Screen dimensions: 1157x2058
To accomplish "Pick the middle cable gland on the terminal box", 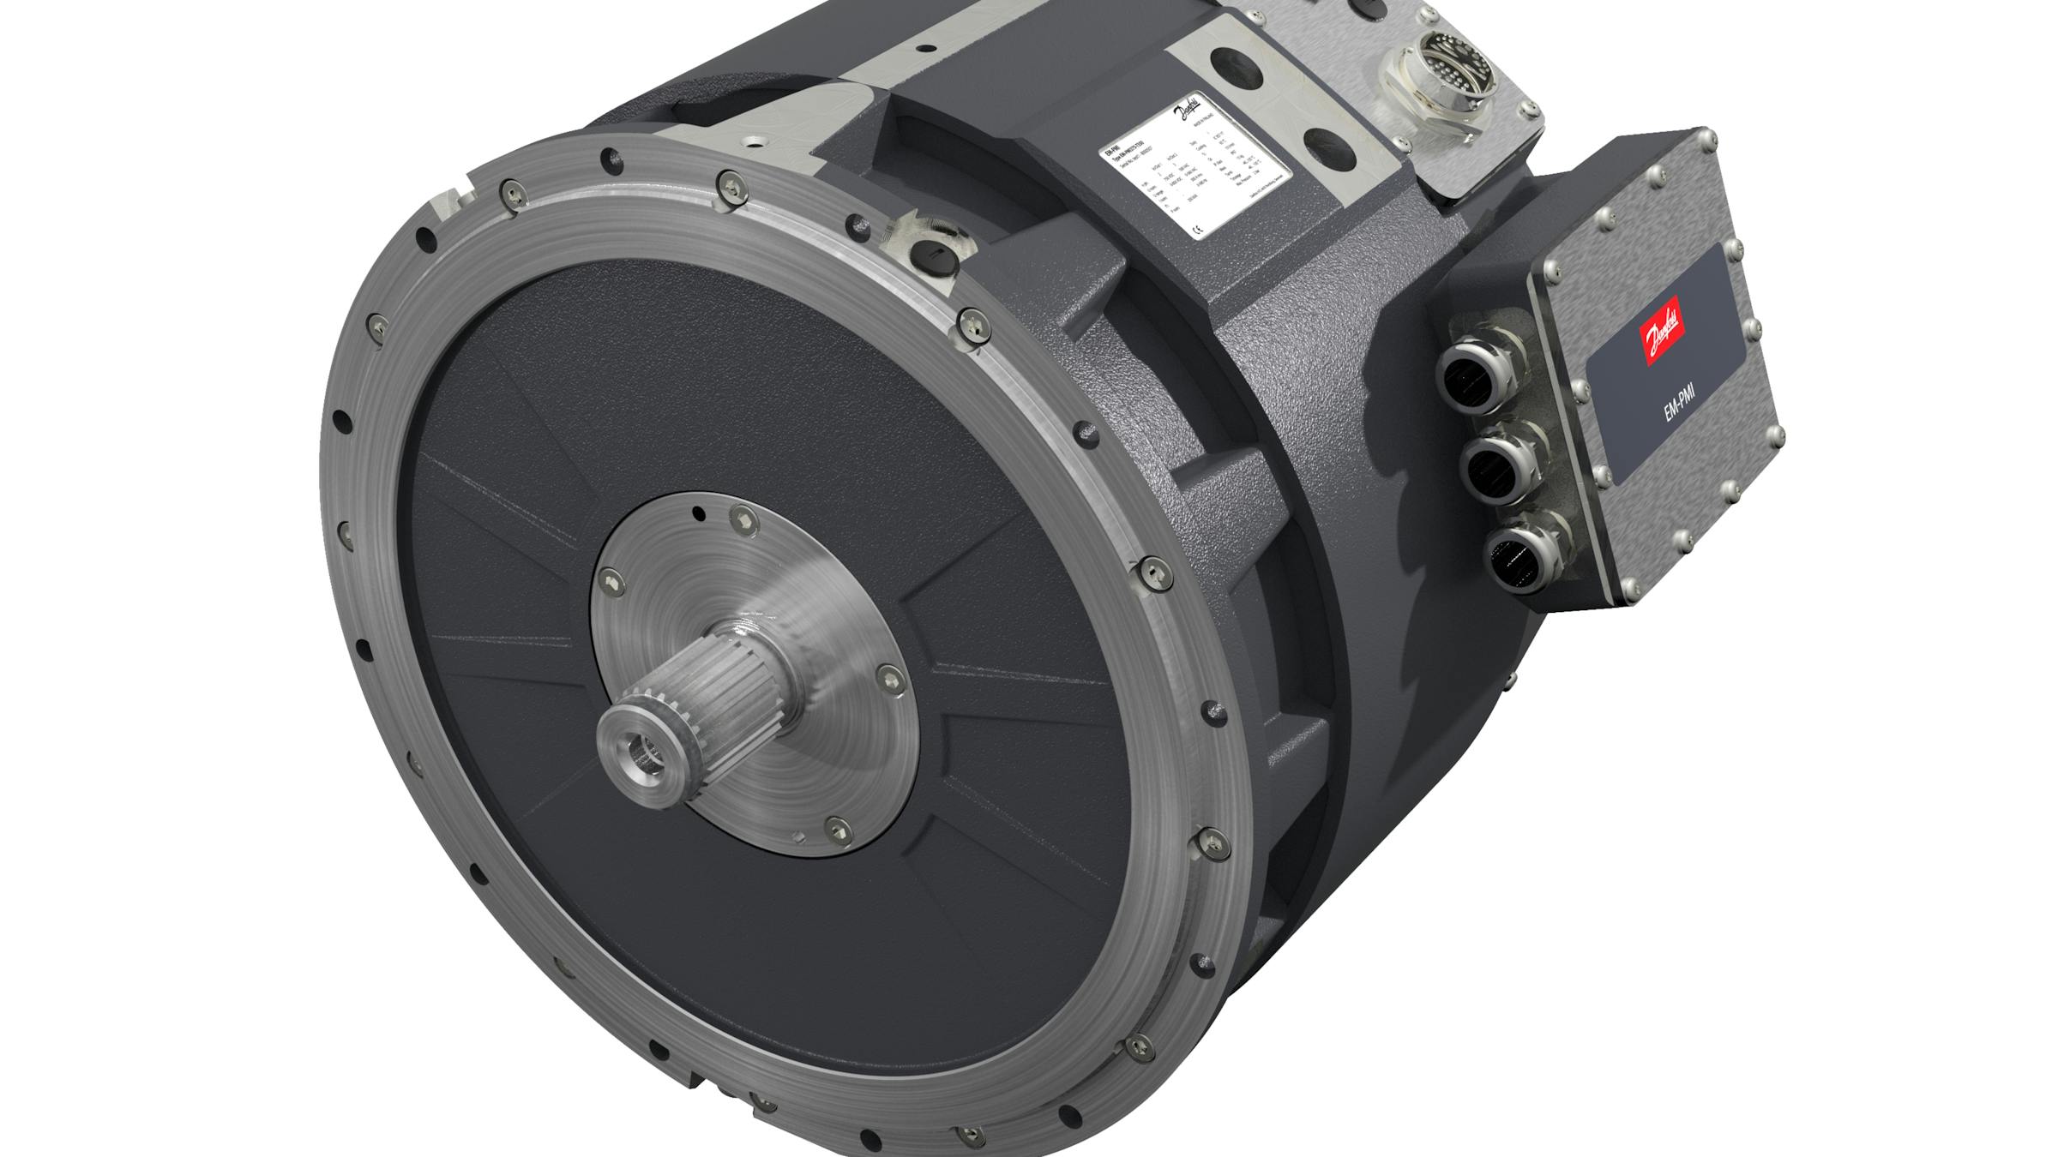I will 1496,466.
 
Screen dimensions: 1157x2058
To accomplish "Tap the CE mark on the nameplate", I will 1199,227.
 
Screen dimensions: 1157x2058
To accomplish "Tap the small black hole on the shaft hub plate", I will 699,514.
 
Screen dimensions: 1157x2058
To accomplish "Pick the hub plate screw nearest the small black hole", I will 739,517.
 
